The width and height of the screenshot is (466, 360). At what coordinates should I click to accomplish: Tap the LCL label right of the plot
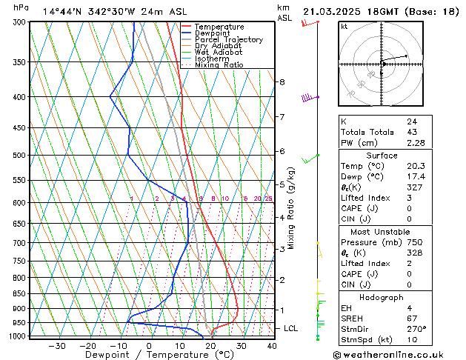pyautogui.click(x=291, y=328)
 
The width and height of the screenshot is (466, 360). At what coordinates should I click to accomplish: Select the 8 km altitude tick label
pyautogui.click(x=282, y=81)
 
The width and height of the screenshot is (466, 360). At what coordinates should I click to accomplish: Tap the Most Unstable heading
pyautogui.click(x=382, y=231)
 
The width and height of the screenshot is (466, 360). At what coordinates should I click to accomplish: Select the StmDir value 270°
pyautogui.click(x=416, y=329)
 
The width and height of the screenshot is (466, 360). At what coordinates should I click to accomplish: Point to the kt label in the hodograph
pyautogui.click(x=344, y=27)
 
